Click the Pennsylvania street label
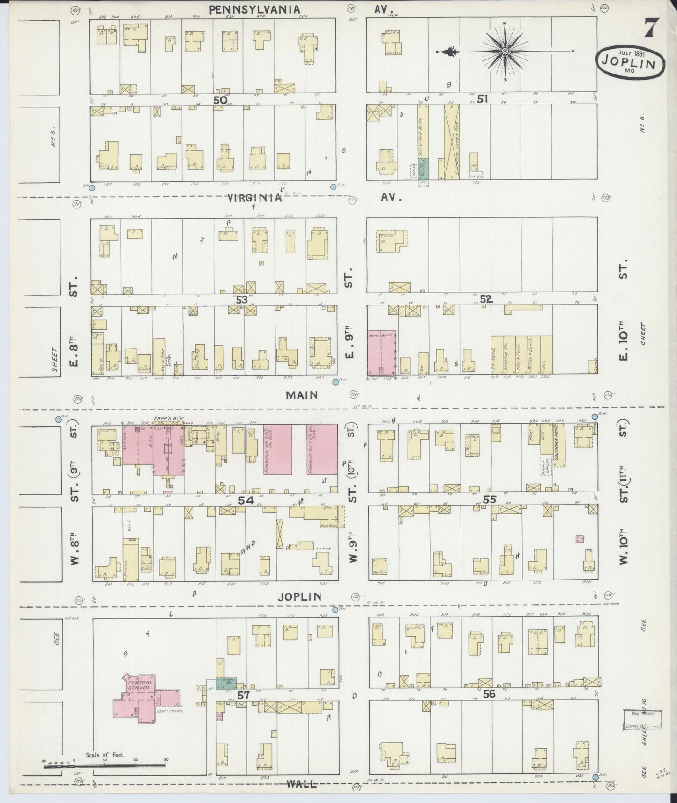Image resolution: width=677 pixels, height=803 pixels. (254, 9)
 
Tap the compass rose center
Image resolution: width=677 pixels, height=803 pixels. (506, 51)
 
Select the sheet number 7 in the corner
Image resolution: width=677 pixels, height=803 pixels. (649, 29)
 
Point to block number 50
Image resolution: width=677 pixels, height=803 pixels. (220, 100)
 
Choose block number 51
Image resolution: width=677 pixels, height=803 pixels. (483, 99)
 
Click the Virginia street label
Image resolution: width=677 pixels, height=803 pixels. (254, 198)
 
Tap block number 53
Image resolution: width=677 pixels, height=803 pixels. (241, 299)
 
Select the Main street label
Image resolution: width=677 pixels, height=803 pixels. (302, 395)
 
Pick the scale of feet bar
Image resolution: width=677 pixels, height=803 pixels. (104, 766)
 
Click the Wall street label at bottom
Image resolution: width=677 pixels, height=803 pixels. (302, 784)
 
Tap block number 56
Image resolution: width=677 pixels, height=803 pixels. (489, 694)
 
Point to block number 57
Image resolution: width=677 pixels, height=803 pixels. (243, 695)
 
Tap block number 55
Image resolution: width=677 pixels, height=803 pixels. (489, 500)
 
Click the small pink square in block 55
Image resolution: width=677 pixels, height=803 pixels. (580, 539)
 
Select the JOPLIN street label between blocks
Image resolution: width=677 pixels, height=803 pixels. (299, 597)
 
